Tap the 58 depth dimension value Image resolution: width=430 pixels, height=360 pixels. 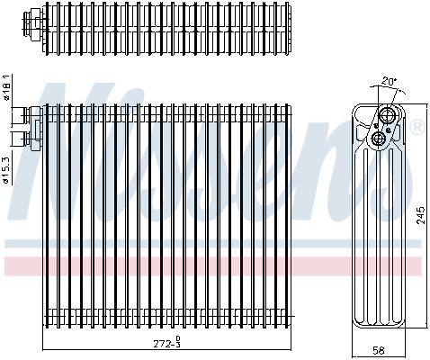click(x=378, y=350)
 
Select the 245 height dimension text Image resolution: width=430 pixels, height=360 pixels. click(x=421, y=215)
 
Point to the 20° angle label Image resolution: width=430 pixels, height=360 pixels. click(x=389, y=81)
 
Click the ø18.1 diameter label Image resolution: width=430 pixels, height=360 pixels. click(x=7, y=86)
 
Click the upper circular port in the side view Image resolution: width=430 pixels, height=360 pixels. click(x=388, y=114)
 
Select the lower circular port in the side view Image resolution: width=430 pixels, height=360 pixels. click(x=378, y=139)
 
